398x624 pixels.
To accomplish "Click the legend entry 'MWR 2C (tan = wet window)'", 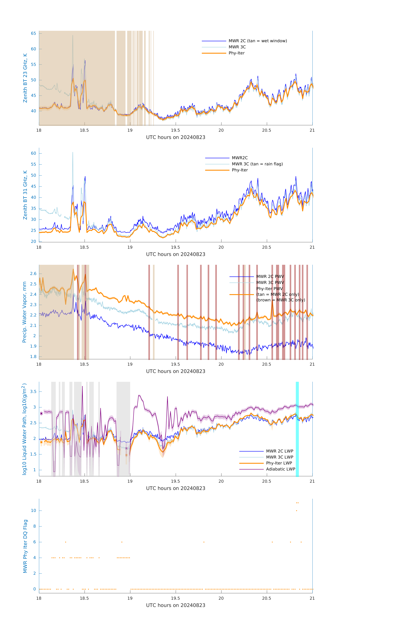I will (x=257, y=41).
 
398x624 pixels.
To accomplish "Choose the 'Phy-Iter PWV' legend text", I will (x=269, y=289).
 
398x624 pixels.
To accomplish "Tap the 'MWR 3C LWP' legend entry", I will (x=279, y=457).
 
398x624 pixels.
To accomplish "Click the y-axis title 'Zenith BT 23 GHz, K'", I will (x=25, y=78).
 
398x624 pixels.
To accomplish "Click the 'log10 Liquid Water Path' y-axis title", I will (x=24, y=429).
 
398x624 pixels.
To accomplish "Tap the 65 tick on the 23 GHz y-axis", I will (x=33, y=33).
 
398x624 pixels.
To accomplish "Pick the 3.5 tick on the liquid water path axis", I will (x=33, y=392).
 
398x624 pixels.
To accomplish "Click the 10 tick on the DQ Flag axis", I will (x=33, y=511).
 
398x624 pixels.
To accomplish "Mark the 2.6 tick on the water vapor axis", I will (x=33, y=274).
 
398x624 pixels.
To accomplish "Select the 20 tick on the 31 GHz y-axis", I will (x=33, y=241).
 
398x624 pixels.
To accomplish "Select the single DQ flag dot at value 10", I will (x=296, y=511).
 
